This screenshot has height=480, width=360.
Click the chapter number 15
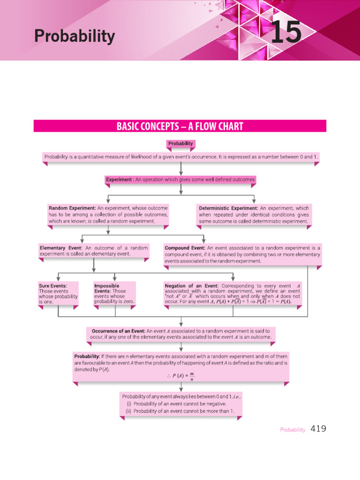[x=285, y=33]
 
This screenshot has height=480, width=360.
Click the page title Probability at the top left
[x=74, y=36]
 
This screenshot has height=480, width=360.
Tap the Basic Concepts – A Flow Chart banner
[x=180, y=126]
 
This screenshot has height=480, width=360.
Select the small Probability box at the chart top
[x=180, y=143]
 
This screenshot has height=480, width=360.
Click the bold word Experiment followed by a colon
[x=120, y=180]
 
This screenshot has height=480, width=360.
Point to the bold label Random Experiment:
[x=72, y=208]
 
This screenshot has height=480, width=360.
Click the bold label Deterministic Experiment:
[x=228, y=208]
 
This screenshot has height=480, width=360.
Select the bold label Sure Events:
[x=52, y=285]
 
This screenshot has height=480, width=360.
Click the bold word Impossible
[x=106, y=285]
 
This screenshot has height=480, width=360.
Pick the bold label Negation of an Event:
[x=191, y=285]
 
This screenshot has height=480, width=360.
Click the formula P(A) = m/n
[x=180, y=376]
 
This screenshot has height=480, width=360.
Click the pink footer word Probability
[x=292, y=429]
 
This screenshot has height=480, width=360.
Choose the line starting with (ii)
[x=184, y=411]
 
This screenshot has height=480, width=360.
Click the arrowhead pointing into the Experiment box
[x=180, y=173]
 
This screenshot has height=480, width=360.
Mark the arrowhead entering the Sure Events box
[x=58, y=278]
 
